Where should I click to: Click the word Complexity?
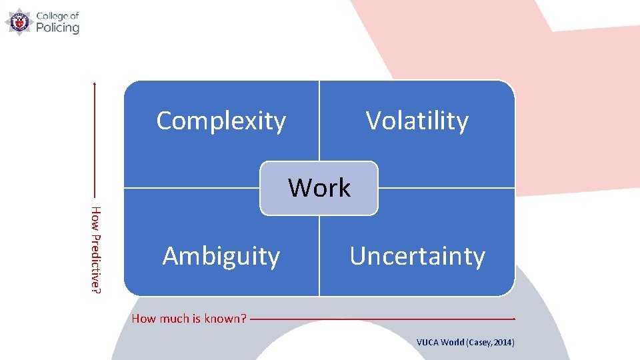(x=221, y=121)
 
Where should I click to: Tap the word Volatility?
(x=417, y=121)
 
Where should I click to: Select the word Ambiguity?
(x=221, y=256)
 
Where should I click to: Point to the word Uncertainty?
(x=417, y=256)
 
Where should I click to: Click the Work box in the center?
(x=319, y=188)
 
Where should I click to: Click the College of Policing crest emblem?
(x=18, y=21)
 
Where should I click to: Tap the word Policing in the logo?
(x=57, y=28)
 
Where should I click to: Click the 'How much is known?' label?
(x=189, y=319)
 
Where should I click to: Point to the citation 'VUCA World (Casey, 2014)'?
(x=465, y=343)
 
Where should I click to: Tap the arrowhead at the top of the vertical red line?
(x=95, y=83)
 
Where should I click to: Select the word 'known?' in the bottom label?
(x=227, y=319)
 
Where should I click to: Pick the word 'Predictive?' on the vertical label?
(x=97, y=261)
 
